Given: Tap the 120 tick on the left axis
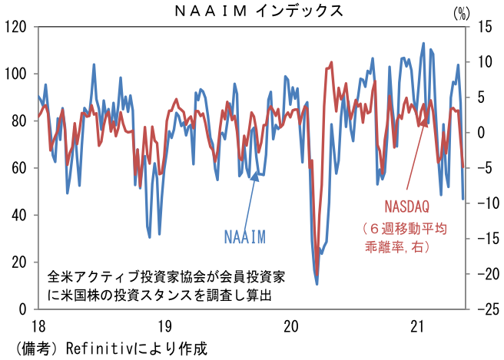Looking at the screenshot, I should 16,27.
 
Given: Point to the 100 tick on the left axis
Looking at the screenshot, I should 16,74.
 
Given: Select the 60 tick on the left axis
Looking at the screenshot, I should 19,168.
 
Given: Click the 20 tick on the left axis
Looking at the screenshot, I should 19,263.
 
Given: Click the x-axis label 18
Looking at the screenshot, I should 37,326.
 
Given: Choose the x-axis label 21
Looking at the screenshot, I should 418,326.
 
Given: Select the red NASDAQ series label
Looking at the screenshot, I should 406,207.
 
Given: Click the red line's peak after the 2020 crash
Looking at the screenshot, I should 331,63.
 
